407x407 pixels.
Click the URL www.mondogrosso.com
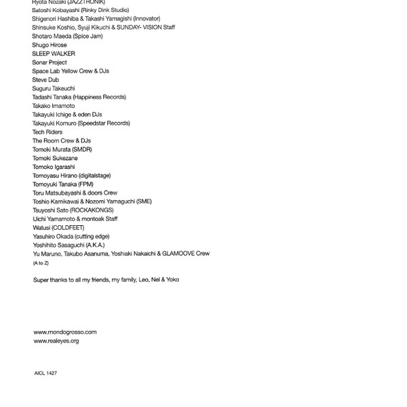pyautogui.click(x=65, y=332)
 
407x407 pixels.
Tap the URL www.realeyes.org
pyautogui.click(x=56, y=341)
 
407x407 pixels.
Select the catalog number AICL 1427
pyautogui.click(x=45, y=373)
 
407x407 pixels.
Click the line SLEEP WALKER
pyautogui.click(x=54, y=54)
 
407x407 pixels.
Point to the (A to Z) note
pyautogui.click(x=41, y=263)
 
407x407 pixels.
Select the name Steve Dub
pyautogui.click(x=45, y=80)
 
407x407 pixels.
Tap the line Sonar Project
pyautogui.click(x=50, y=62)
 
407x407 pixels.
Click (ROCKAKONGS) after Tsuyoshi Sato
pyautogui.click(x=92, y=210)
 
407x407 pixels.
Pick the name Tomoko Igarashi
pyautogui.click(x=54, y=167)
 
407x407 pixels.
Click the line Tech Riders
pyautogui.click(x=47, y=132)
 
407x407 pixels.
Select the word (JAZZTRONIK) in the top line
pyautogui.click(x=87, y=3)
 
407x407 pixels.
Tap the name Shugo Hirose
pyautogui.click(x=50, y=45)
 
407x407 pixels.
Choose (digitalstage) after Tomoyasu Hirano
pyautogui.click(x=99, y=176)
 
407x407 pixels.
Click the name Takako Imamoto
pyautogui.click(x=54, y=106)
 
